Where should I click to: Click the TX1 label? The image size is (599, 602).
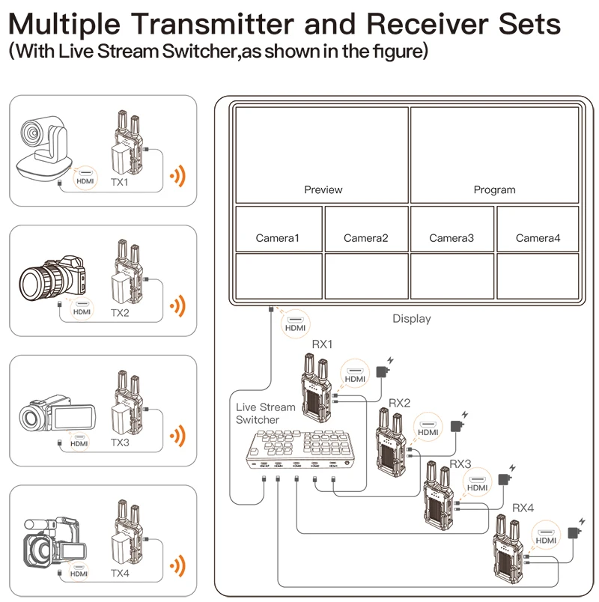click(x=119, y=182)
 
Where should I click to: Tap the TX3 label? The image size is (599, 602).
click(x=120, y=443)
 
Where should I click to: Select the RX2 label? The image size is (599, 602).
click(x=400, y=403)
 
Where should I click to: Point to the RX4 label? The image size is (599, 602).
click(x=523, y=508)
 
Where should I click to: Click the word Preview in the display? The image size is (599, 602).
click(x=323, y=190)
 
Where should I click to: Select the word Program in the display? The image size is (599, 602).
click(x=494, y=190)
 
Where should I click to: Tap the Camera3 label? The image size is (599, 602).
click(x=451, y=238)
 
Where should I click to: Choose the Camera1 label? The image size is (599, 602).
click(x=277, y=238)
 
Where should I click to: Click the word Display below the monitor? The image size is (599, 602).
click(x=412, y=319)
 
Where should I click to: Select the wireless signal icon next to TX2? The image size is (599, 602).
click(x=177, y=306)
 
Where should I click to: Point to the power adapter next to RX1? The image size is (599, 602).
click(x=385, y=372)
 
